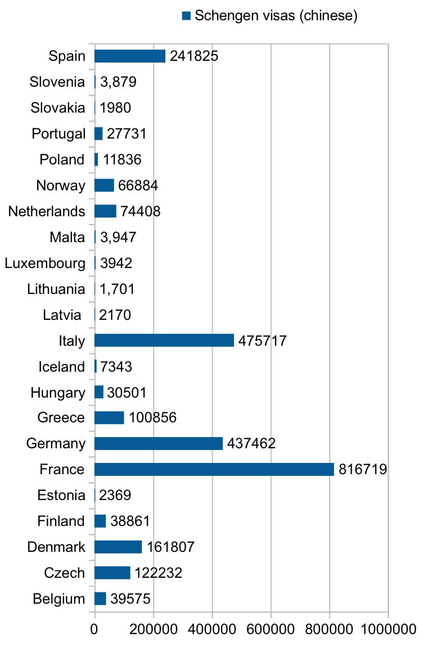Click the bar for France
(214, 469)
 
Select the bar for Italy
(164, 340)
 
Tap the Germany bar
(159, 443)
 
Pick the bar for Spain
(130, 56)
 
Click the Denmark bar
(118, 547)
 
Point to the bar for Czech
(112, 573)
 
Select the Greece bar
(109, 418)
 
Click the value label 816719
(362, 470)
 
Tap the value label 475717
(263, 341)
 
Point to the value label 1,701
(117, 289)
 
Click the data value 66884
(137, 186)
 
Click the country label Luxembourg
(45, 263)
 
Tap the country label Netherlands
(47, 212)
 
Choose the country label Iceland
(61, 367)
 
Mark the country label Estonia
(61, 496)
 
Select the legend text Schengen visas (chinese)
(276, 15)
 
